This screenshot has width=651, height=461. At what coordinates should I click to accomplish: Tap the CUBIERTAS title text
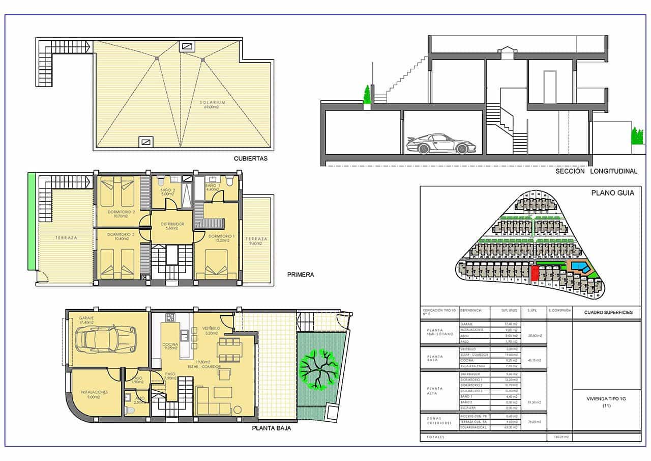251,158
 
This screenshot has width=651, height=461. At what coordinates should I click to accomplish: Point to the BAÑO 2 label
167,192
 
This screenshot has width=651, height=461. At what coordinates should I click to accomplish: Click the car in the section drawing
437,144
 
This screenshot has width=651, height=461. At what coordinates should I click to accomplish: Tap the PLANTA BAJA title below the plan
272,429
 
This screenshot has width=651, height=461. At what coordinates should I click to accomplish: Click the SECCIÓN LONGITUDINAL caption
596,172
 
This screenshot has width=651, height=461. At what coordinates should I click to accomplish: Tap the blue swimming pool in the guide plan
578,266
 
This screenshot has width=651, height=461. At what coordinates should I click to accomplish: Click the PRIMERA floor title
301,275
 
